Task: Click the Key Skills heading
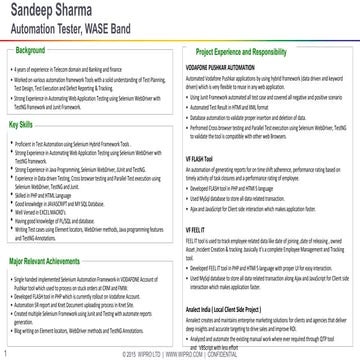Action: tap(27, 125)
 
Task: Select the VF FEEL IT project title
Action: tap(201, 229)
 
